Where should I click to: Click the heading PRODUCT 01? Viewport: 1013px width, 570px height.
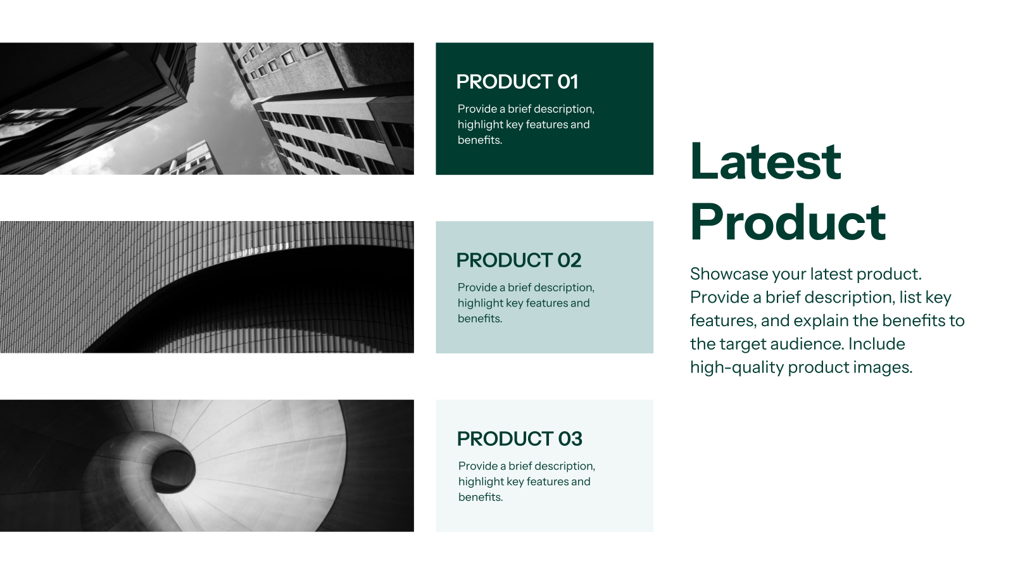coord(517,82)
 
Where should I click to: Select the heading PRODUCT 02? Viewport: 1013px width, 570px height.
coord(519,260)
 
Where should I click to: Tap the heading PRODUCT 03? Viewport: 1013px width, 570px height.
coord(519,439)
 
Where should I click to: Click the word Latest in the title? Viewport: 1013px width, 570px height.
coord(765,161)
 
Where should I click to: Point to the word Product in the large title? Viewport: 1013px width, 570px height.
coord(788,222)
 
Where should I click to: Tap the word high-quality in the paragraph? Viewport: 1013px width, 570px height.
coord(736,367)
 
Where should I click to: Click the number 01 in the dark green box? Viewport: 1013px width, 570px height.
coord(567,82)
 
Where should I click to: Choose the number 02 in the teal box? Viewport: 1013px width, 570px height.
coord(569,260)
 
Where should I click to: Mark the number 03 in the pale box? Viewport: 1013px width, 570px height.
coord(570,439)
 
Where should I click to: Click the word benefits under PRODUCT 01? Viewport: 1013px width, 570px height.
coord(479,140)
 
